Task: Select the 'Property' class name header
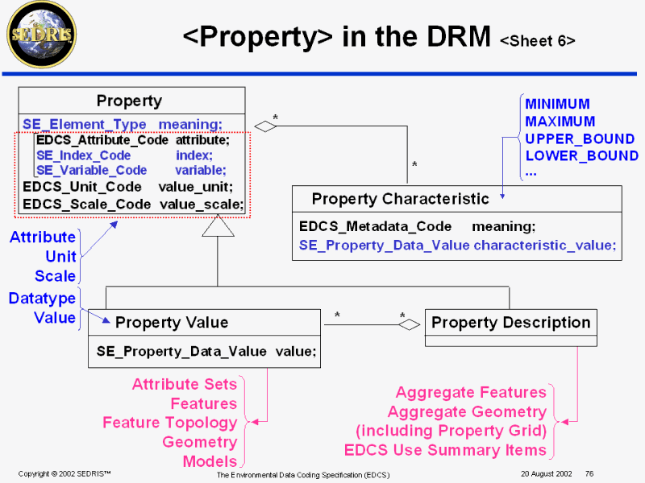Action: pyautogui.click(x=129, y=101)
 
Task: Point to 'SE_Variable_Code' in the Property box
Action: pyautogui.click(x=92, y=170)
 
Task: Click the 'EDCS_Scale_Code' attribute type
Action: pyautogui.click(x=87, y=204)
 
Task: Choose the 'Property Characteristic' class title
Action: pyautogui.click(x=400, y=199)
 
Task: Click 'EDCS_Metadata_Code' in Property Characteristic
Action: pyautogui.click(x=375, y=227)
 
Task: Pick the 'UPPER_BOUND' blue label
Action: pyautogui.click(x=580, y=138)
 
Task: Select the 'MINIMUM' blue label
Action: pyautogui.click(x=557, y=104)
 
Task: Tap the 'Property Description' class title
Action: pyautogui.click(x=510, y=323)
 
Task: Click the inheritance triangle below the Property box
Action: pyautogui.click(x=218, y=227)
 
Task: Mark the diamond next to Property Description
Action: pyautogui.click(x=410, y=324)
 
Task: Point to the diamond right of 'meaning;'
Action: pyautogui.click(x=265, y=125)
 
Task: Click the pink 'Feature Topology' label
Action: pyautogui.click(x=169, y=423)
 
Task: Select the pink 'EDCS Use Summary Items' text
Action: pyautogui.click(x=445, y=450)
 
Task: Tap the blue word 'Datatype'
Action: pyautogui.click(x=42, y=299)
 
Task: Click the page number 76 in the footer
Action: pyautogui.click(x=589, y=473)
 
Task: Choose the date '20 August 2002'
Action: pyautogui.click(x=546, y=473)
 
